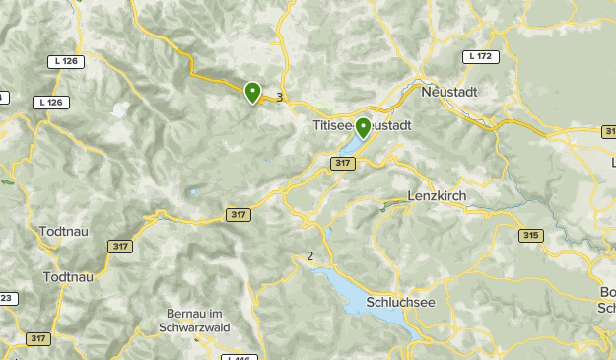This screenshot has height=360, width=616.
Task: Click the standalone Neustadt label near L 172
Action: (449, 91)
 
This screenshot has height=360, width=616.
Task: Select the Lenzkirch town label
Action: (436, 195)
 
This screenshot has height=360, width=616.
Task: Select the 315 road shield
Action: (532, 236)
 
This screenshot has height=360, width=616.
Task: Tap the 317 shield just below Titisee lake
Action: (342, 164)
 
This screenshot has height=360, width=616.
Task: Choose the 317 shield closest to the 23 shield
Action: (38, 338)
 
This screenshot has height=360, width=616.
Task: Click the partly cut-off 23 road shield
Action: (6, 298)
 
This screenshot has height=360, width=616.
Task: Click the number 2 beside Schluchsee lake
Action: (310, 256)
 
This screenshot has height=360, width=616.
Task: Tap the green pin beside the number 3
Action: (253, 93)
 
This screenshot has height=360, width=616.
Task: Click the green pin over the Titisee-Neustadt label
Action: (363, 128)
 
